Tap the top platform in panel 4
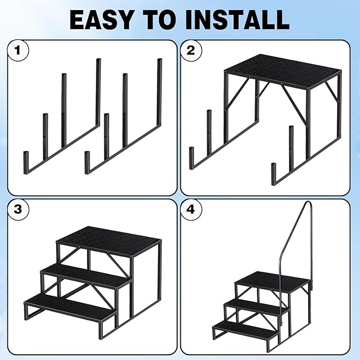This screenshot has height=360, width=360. [273, 279]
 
